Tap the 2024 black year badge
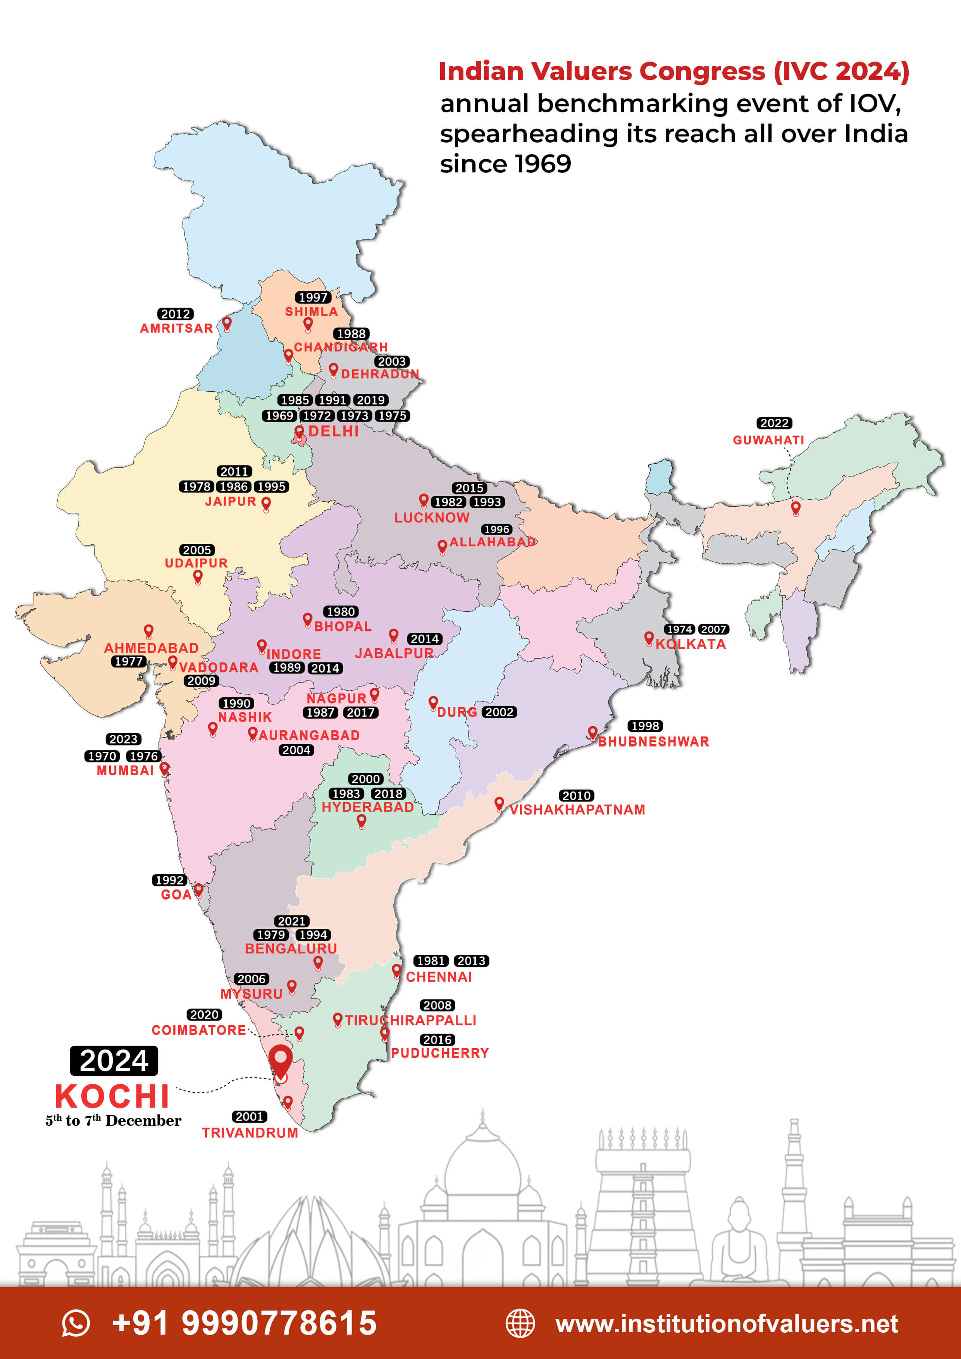coord(114,1061)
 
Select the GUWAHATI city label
coord(768,440)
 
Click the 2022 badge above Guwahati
coord(774,423)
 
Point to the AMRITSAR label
coord(176,328)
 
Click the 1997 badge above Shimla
coord(313,297)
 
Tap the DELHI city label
coord(333,431)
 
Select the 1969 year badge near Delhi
coord(279,416)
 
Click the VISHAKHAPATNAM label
coord(577,809)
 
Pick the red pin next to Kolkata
coord(649,638)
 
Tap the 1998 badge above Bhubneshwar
coord(645,726)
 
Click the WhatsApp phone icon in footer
coord(76,1323)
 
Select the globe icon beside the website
coord(520,1323)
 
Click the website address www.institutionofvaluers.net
coord(727,1323)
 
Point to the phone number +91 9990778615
coord(244,1323)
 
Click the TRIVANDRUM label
coord(250,1132)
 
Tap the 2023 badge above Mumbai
coord(123,739)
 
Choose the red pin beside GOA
coord(198,889)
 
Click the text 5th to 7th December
coord(114,1120)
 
